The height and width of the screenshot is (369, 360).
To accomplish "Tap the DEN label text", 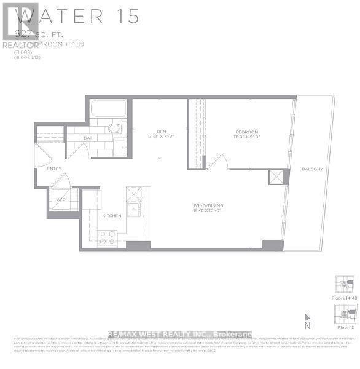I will (161, 130).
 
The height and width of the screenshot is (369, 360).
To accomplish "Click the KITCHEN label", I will (112, 216).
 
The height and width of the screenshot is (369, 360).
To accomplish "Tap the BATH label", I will (90, 138).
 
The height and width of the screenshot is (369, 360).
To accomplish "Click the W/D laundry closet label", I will (61, 199).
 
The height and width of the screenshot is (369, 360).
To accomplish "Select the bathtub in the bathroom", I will (108, 111).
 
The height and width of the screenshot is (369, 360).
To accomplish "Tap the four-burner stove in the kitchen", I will (108, 237).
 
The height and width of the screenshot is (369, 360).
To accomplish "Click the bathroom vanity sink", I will (120, 146).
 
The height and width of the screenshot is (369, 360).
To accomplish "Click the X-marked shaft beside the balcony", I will (275, 177).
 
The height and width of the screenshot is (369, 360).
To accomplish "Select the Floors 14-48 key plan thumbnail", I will (343, 285).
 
